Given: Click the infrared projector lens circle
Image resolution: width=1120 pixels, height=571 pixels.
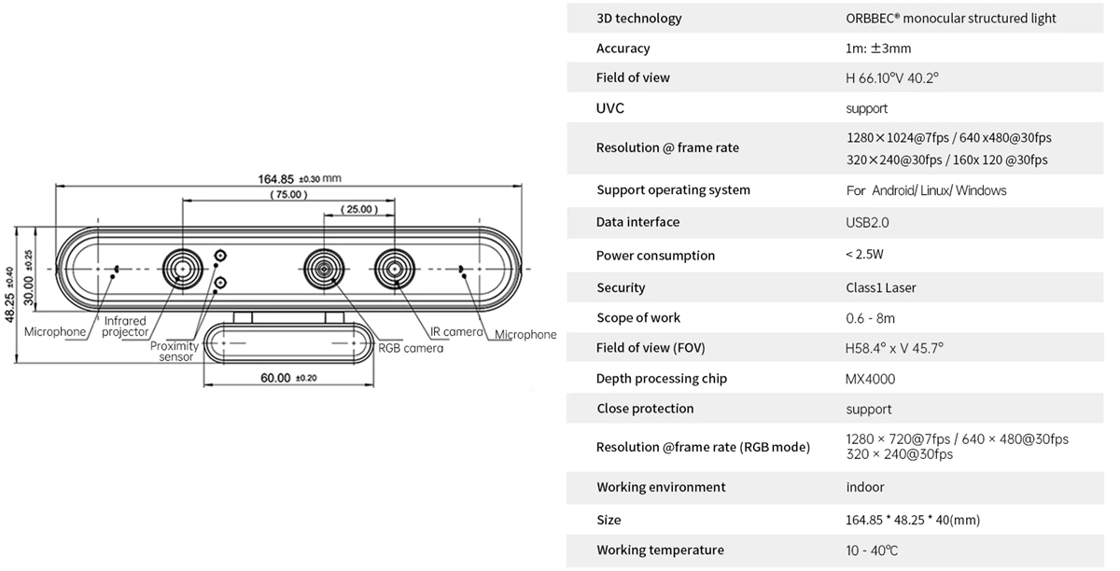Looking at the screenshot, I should point(181,269).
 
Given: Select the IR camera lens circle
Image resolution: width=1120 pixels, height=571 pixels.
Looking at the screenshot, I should point(395,269).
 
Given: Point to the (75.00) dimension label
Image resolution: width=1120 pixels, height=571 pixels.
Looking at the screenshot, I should point(287,195).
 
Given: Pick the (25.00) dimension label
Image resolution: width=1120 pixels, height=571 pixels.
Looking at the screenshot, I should point(359,209).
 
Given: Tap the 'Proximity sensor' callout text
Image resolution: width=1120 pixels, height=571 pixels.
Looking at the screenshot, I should point(175,352).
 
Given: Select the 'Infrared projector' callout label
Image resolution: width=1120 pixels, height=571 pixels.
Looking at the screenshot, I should point(125,327).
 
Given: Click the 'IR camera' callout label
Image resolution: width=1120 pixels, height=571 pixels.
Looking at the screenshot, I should point(456,332).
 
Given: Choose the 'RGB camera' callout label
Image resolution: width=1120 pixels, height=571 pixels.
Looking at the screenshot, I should point(411,348).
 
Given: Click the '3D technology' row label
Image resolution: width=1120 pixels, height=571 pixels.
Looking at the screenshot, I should point(638,19).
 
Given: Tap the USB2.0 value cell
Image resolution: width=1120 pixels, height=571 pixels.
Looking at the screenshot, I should point(866,222).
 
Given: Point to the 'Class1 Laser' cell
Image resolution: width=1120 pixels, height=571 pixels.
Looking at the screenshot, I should point(881,287).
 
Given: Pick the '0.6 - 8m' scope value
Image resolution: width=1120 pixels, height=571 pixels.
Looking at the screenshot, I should point(870,318).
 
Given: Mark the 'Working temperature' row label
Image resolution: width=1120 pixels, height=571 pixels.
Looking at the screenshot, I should point(660,550).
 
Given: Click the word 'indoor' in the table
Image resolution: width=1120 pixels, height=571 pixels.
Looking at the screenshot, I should point(865,487).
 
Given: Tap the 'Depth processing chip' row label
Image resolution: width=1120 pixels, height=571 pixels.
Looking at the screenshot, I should point(661,379).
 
